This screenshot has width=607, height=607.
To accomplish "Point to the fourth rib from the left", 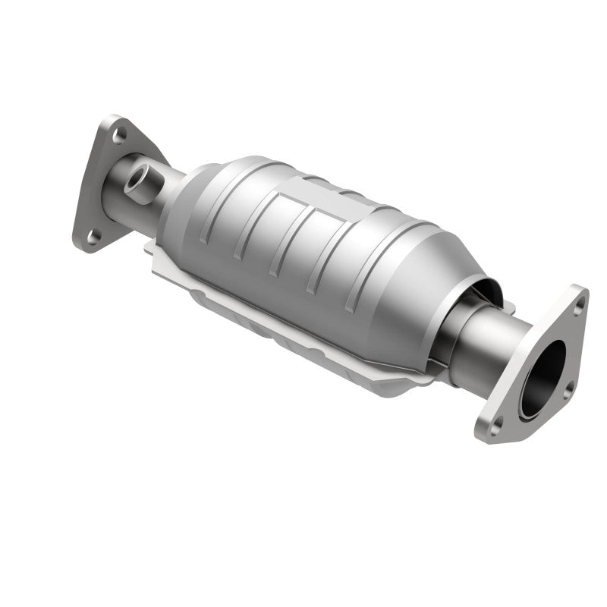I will click(316, 266).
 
